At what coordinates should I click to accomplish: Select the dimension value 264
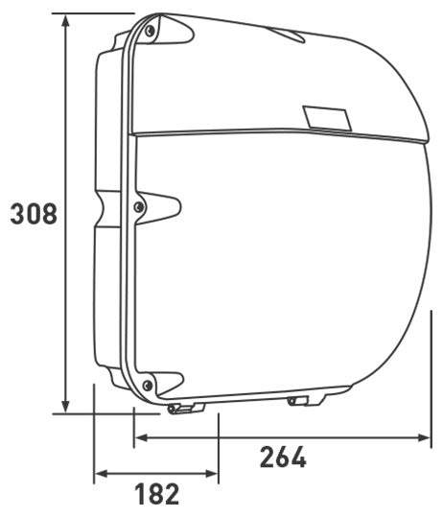point(283,458)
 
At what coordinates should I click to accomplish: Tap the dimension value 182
point(156,494)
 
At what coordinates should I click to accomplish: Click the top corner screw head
point(151,32)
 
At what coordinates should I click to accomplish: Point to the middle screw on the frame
point(139,206)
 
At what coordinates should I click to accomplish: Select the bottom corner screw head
point(147,386)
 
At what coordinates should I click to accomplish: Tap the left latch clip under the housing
point(185,409)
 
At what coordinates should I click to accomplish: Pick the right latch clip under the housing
point(304,399)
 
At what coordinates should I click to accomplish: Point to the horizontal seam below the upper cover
point(278,132)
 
